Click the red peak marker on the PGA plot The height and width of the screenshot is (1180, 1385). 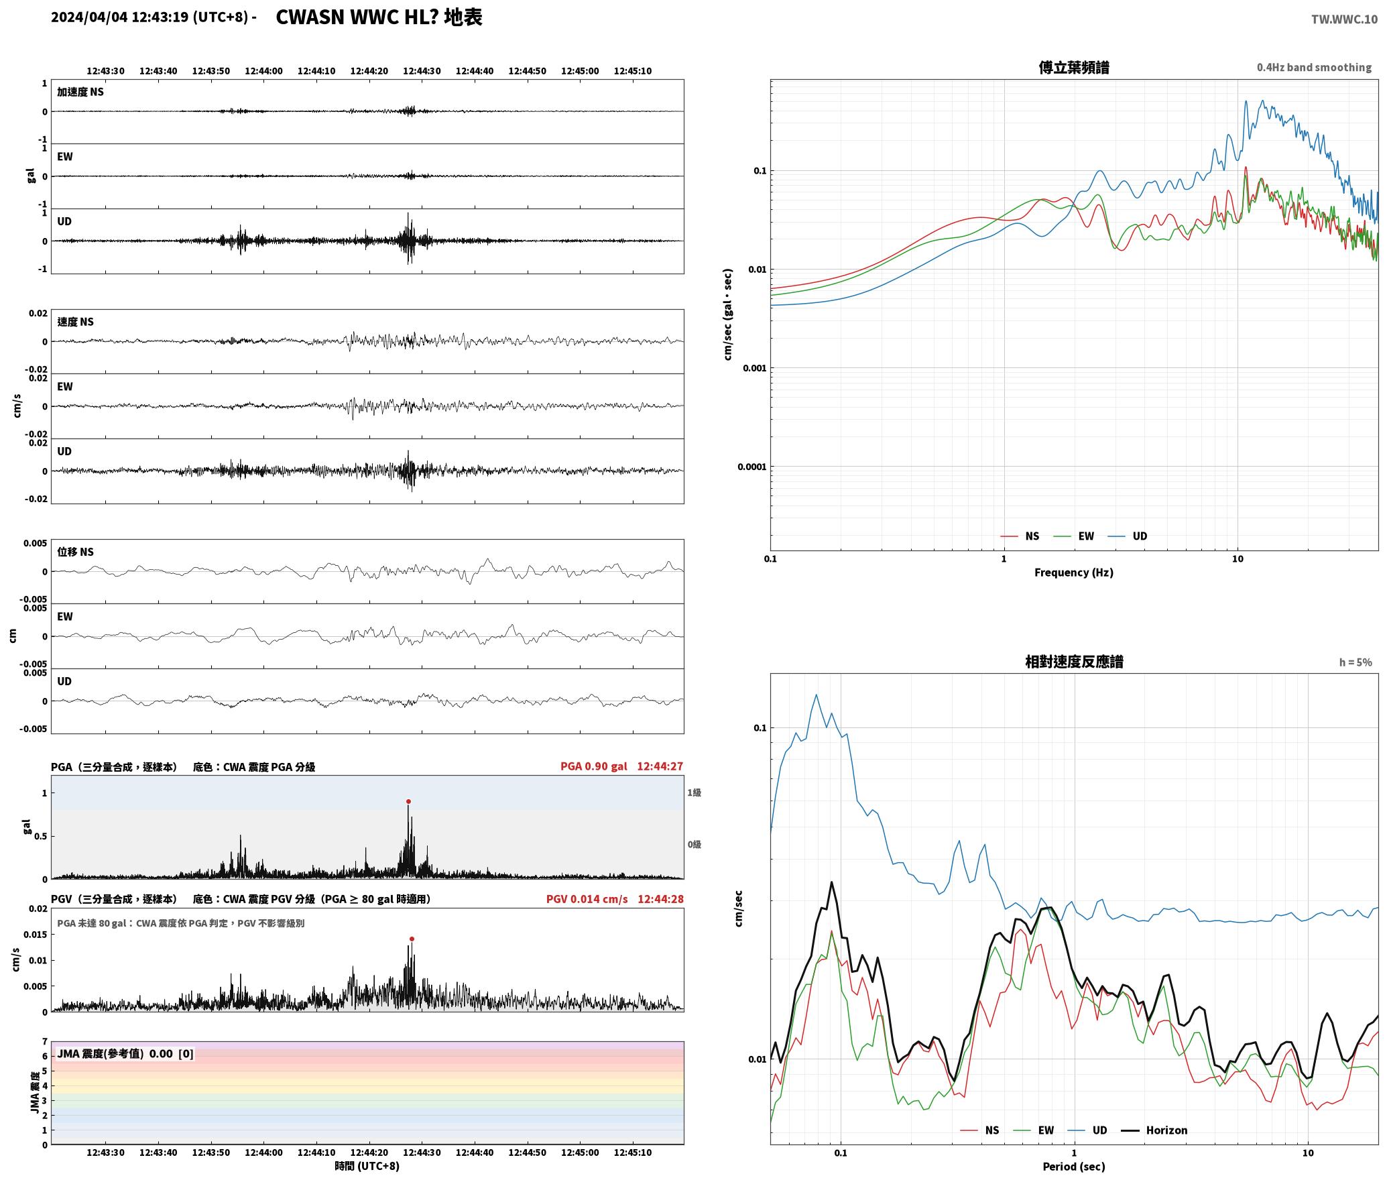click(408, 801)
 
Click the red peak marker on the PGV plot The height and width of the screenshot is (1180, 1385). click(412, 939)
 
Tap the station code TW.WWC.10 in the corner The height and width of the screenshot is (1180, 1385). click(1345, 19)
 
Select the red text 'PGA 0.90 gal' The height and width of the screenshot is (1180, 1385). click(594, 766)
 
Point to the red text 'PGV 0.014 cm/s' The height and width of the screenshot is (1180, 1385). click(587, 899)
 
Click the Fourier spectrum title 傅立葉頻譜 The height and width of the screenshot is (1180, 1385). click(1074, 67)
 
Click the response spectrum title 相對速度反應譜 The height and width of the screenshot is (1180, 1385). click(1074, 662)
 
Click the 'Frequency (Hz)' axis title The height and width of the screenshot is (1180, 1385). click(1074, 573)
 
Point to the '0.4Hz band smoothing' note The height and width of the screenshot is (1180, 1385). click(1314, 68)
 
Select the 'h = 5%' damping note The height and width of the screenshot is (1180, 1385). click(1356, 662)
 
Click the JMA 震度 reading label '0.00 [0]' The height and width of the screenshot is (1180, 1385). click(172, 1054)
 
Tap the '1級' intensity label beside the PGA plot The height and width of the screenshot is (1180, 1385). click(694, 792)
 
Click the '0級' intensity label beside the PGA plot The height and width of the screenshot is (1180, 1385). click(694, 844)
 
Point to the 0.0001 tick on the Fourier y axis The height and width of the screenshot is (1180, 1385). click(751, 467)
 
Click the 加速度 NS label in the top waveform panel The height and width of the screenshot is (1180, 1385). click(80, 92)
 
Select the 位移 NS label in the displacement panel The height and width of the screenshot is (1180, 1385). click(76, 552)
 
